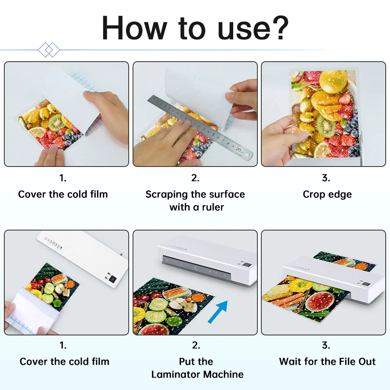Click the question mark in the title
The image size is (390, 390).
pyautogui.click(x=280, y=27)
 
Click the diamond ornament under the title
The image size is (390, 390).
pyautogui.click(x=49, y=50)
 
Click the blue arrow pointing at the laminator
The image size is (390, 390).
pyautogui.click(x=218, y=312)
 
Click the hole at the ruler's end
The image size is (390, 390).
pyautogui.click(x=247, y=155)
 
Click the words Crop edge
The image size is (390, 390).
pyautogui.click(x=327, y=194)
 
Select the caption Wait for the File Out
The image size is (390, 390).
pyautogui.click(x=327, y=362)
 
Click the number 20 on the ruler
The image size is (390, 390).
pyautogui.click(x=238, y=149)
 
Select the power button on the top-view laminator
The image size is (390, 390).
pyautogui.click(x=113, y=279)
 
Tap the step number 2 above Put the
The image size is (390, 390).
pyautogui.click(x=195, y=345)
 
